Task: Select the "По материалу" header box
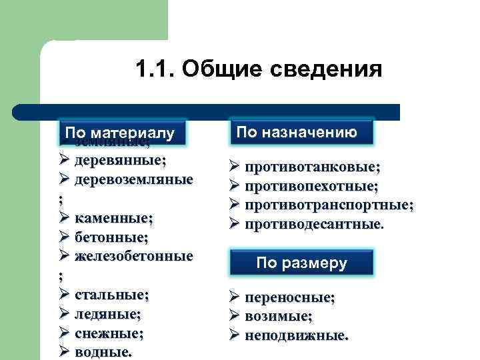(x=120, y=133)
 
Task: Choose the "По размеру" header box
(x=301, y=263)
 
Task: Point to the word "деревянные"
(x=121, y=160)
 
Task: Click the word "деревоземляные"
(x=134, y=179)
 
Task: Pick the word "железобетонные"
(x=134, y=256)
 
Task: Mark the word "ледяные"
(x=107, y=313)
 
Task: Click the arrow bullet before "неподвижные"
(x=234, y=335)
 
